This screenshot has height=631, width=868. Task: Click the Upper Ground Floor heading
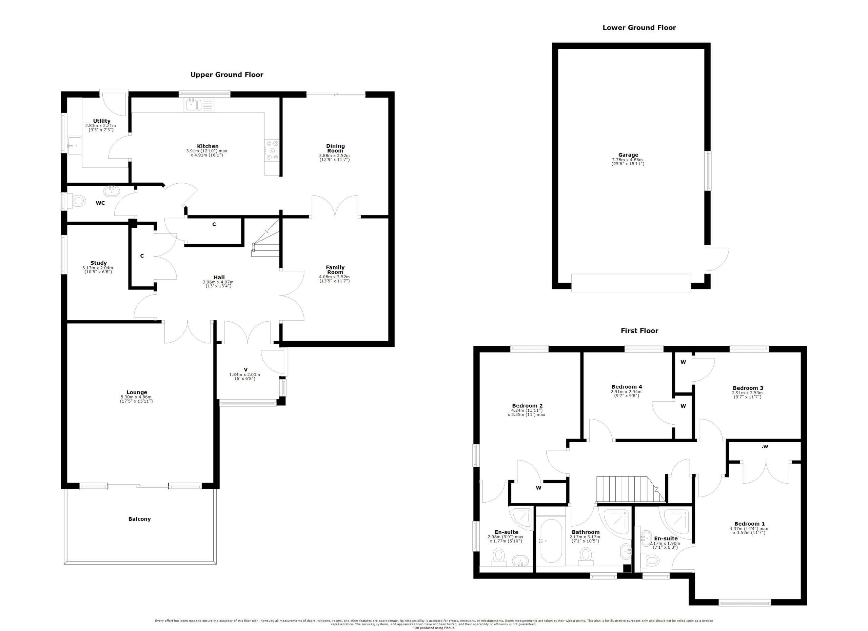(x=226, y=75)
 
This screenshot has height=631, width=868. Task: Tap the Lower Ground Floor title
(x=639, y=27)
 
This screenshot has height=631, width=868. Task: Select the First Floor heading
(x=639, y=331)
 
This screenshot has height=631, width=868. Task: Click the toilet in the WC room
(x=77, y=200)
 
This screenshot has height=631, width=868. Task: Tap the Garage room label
(x=628, y=155)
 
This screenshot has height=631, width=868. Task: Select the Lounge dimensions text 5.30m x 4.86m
(x=136, y=397)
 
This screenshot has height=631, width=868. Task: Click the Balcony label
(x=139, y=519)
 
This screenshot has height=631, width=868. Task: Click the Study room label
(x=98, y=263)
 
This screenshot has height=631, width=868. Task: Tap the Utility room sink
(x=74, y=146)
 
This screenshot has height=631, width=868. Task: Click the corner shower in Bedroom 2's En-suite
(x=522, y=517)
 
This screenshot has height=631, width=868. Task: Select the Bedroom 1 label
(x=749, y=524)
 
